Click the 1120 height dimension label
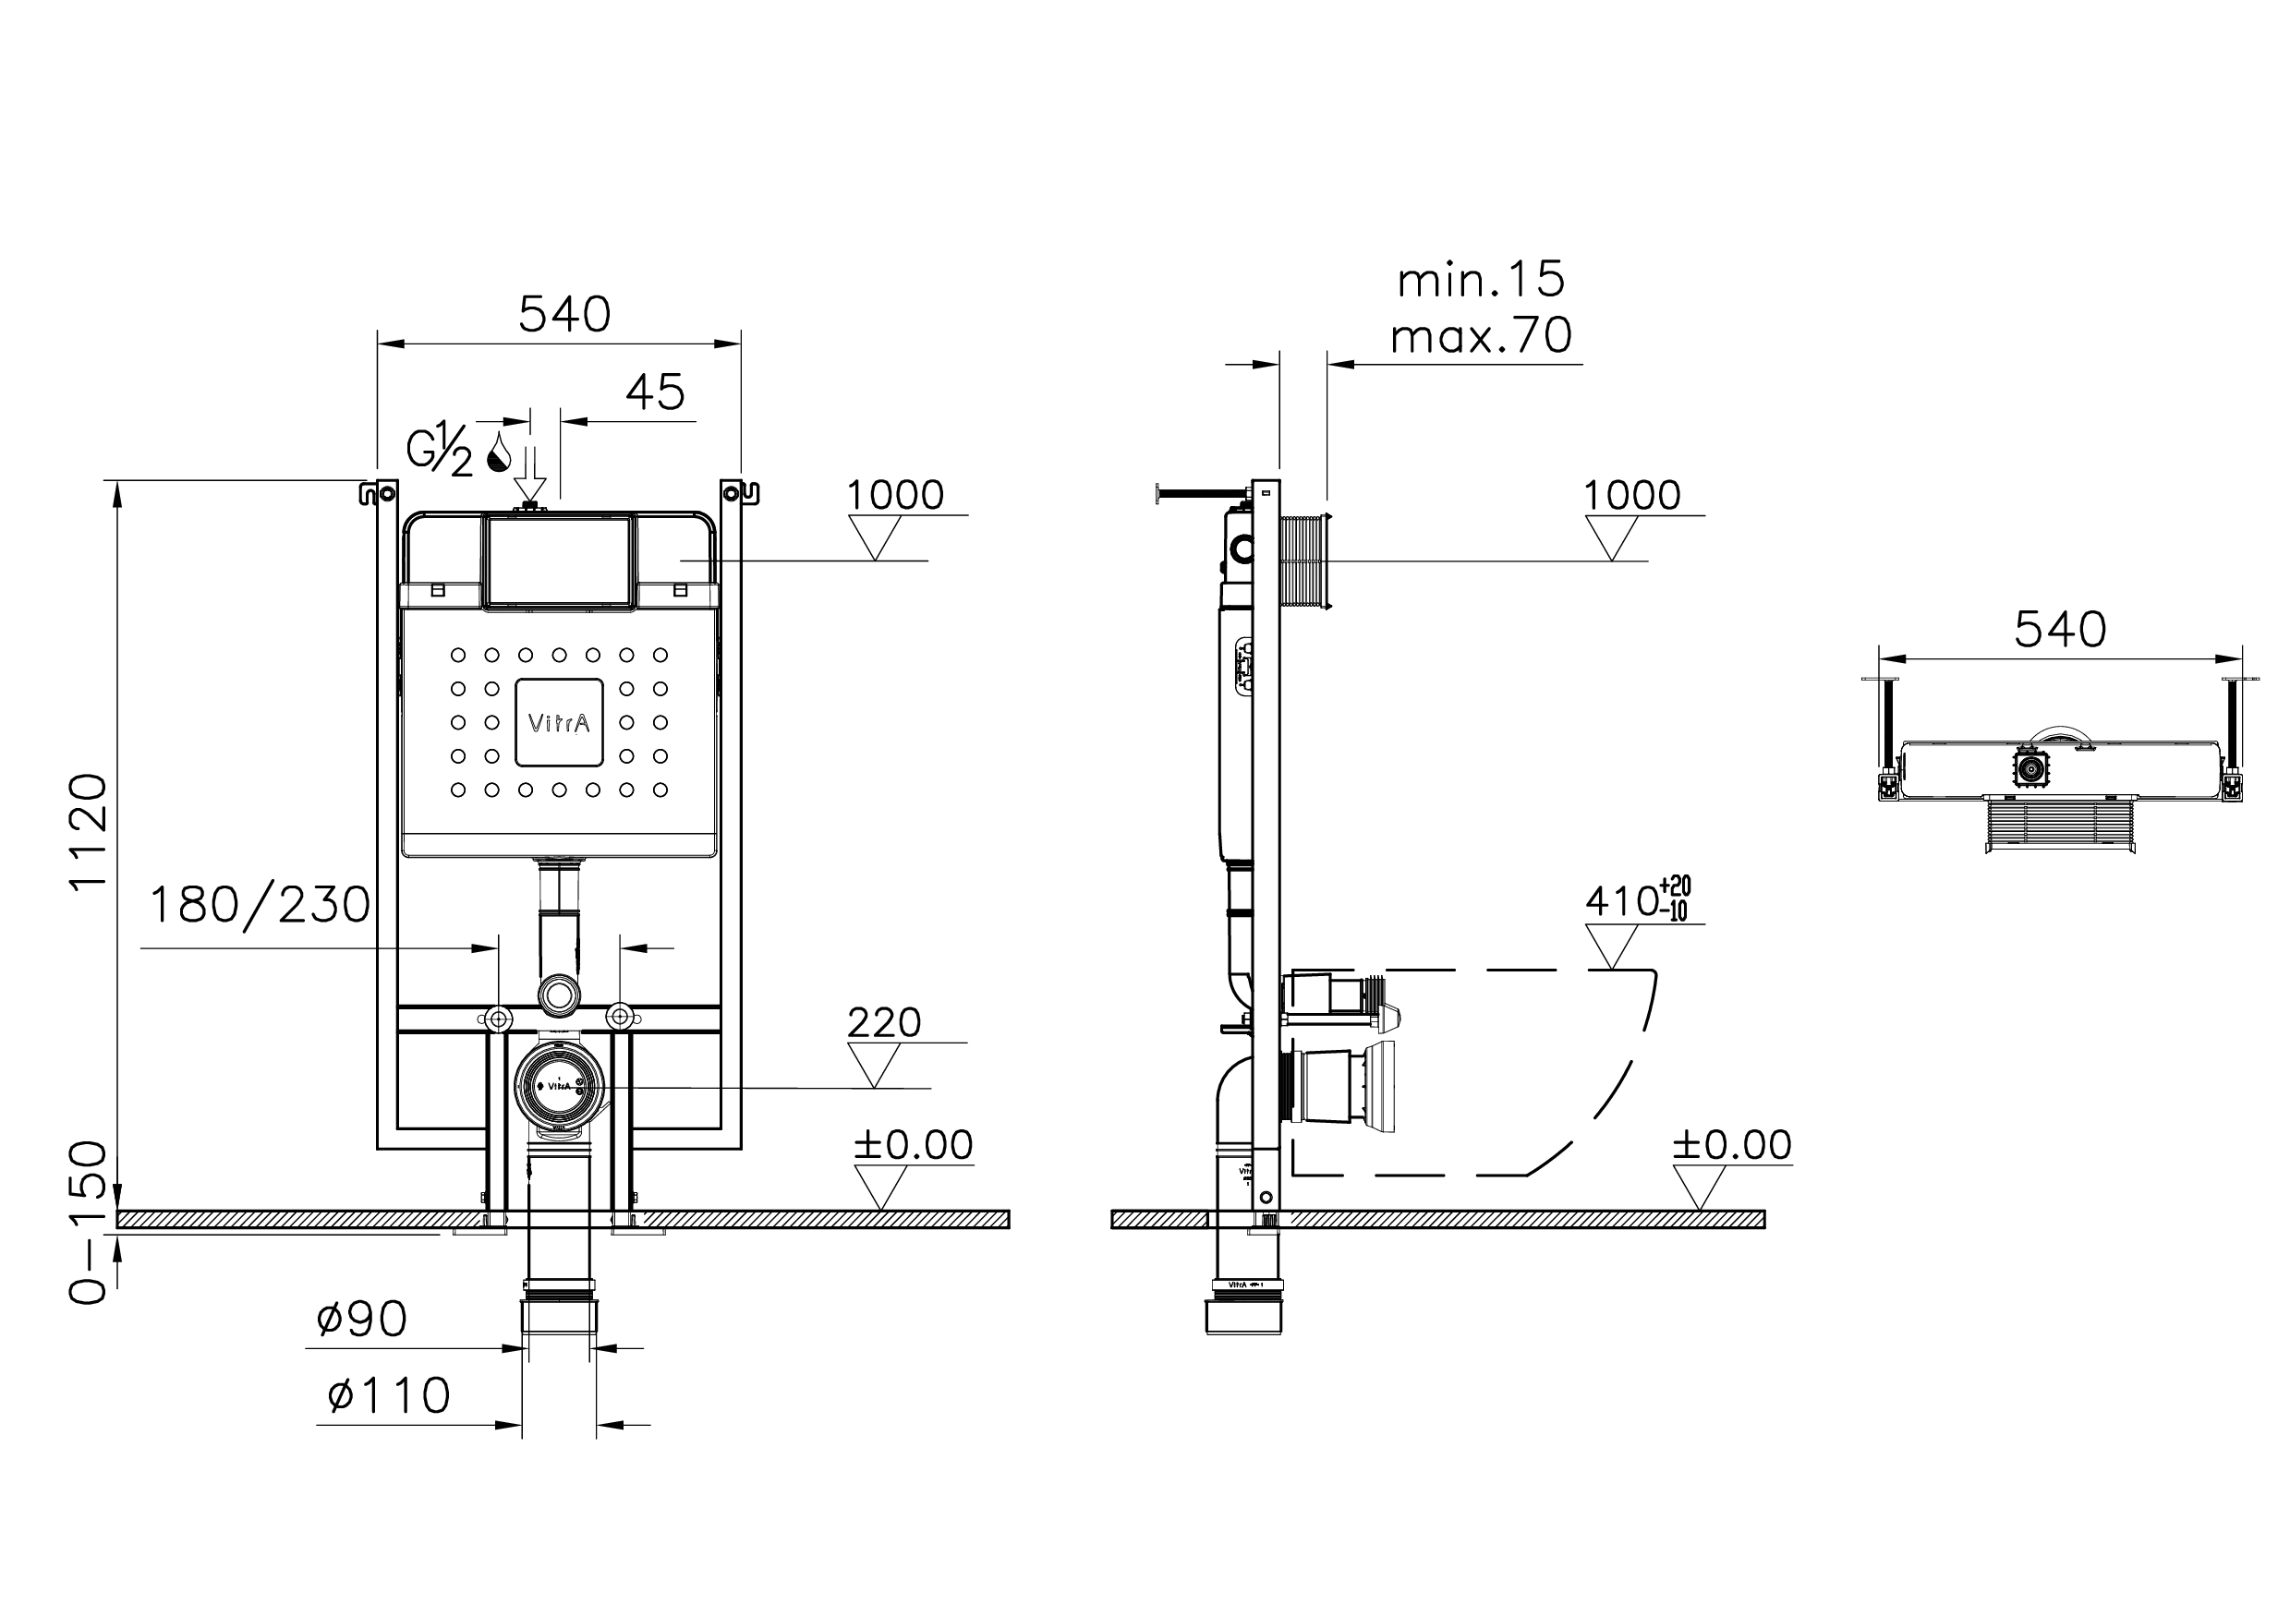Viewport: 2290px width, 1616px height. (x=88, y=830)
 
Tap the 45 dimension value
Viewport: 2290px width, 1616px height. (x=655, y=392)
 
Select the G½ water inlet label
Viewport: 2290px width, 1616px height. (x=439, y=452)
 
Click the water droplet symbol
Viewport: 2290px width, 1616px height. (x=499, y=452)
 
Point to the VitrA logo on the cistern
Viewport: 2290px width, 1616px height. (x=559, y=723)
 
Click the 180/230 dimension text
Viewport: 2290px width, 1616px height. (x=260, y=905)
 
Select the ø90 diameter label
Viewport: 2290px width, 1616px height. (x=361, y=1320)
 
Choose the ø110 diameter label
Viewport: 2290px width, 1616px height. (x=389, y=1395)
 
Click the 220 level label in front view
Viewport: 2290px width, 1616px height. (x=884, y=1023)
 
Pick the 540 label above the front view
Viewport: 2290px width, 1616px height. (x=564, y=315)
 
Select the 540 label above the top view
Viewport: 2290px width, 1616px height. (x=2060, y=630)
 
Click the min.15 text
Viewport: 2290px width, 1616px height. (x=1481, y=280)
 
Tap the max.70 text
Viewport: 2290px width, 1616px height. (x=1481, y=336)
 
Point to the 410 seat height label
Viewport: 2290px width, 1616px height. (x=1636, y=900)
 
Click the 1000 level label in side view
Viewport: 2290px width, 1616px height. (x=1631, y=496)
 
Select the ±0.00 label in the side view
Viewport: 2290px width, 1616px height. (x=1732, y=1144)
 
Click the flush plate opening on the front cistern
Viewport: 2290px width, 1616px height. (x=560, y=561)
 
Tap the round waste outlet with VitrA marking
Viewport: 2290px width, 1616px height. (x=559, y=1087)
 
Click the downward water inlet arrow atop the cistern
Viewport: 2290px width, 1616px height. (x=530, y=476)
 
